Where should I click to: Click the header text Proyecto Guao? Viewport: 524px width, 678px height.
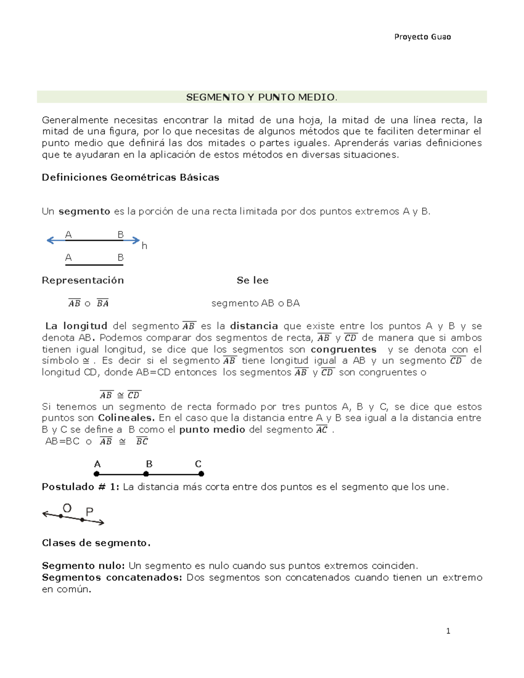tap(422, 37)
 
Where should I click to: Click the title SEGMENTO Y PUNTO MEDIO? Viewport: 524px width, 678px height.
tap(262, 97)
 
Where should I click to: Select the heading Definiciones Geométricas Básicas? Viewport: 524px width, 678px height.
tap(130, 177)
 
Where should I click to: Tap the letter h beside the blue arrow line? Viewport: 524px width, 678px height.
tap(144, 246)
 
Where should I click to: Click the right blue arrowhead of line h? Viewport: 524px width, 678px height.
tap(136, 240)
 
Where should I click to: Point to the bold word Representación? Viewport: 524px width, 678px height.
tap(83, 280)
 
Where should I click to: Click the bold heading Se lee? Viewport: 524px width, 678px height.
tap(252, 280)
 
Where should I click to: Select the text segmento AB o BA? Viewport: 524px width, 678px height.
tap(255, 303)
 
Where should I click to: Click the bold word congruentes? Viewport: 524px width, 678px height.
tap(343, 349)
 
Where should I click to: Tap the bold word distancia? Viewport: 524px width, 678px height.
tap(254, 326)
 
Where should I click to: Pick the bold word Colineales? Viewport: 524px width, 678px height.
tap(126, 418)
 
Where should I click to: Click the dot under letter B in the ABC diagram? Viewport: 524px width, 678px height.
tap(148, 474)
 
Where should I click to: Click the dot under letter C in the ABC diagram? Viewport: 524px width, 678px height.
tap(201, 474)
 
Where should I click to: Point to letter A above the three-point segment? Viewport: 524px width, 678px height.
tap(97, 464)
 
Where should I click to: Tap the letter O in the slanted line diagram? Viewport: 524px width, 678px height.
tap(67, 508)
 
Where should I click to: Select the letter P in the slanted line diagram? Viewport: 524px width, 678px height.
tap(90, 512)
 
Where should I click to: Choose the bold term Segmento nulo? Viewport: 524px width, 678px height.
tap(83, 566)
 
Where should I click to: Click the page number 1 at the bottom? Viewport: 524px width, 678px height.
tap(448, 631)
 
